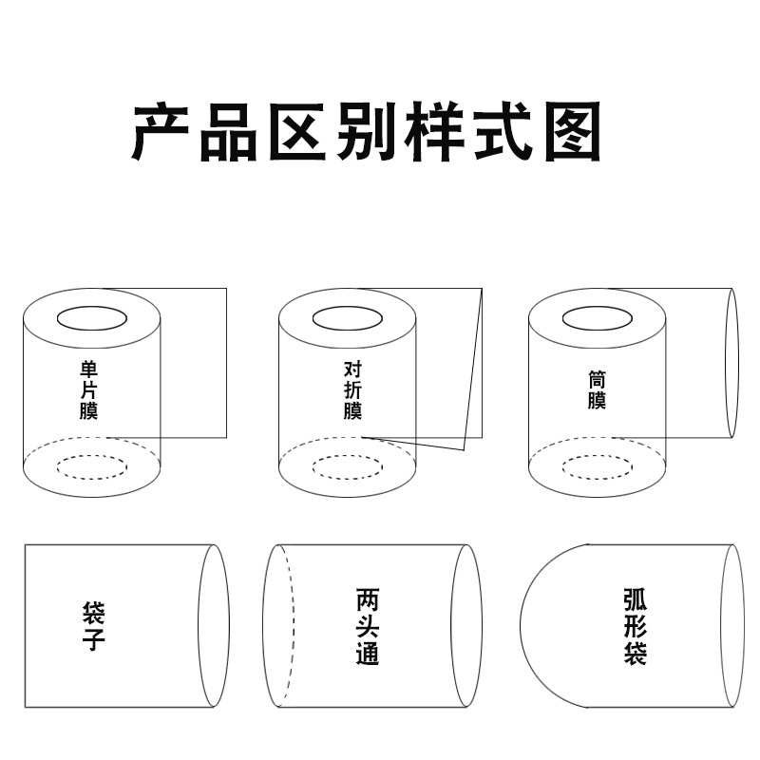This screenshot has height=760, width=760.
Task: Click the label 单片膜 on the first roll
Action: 89,390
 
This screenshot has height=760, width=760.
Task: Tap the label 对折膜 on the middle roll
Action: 352,390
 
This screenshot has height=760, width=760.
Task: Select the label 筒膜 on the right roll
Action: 597,390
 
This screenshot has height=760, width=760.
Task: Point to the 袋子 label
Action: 93,626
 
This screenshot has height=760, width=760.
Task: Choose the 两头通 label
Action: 368,626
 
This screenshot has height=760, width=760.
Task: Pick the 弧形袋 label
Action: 636,626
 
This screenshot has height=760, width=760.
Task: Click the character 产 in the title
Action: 161,131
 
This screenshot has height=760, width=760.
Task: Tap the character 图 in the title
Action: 573,131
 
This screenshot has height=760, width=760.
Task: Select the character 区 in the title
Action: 297,131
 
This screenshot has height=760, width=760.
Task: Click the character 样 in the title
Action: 434,131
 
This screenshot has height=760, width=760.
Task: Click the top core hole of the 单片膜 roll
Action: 92,307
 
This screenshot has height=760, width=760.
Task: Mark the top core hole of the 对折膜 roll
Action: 348,307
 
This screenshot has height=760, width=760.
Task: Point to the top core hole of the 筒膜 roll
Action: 598,307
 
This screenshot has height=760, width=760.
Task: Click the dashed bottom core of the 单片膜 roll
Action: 92,456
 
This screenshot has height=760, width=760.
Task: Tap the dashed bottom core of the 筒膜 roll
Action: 598,456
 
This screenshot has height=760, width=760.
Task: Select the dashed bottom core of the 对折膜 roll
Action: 348,456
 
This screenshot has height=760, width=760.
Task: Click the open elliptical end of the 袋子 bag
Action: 199,626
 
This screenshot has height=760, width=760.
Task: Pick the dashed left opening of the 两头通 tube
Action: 294,626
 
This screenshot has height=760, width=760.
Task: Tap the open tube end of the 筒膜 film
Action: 726,364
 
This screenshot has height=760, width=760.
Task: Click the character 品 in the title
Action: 229,131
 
